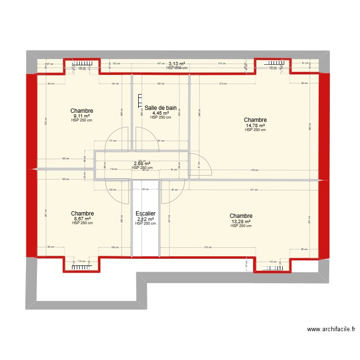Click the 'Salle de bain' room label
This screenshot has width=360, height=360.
[160, 108]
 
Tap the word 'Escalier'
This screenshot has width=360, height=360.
[145, 214]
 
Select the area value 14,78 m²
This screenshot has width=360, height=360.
[255, 125]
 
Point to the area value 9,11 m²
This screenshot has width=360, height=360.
[81, 116]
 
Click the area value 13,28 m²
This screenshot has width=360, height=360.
[240, 221]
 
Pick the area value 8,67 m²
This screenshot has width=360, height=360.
[82, 218]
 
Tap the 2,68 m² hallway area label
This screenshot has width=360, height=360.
[142, 163]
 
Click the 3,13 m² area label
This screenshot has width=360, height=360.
[177, 63]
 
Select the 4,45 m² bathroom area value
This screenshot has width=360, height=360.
[160, 113]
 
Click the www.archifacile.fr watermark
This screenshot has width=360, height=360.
[331, 329]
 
